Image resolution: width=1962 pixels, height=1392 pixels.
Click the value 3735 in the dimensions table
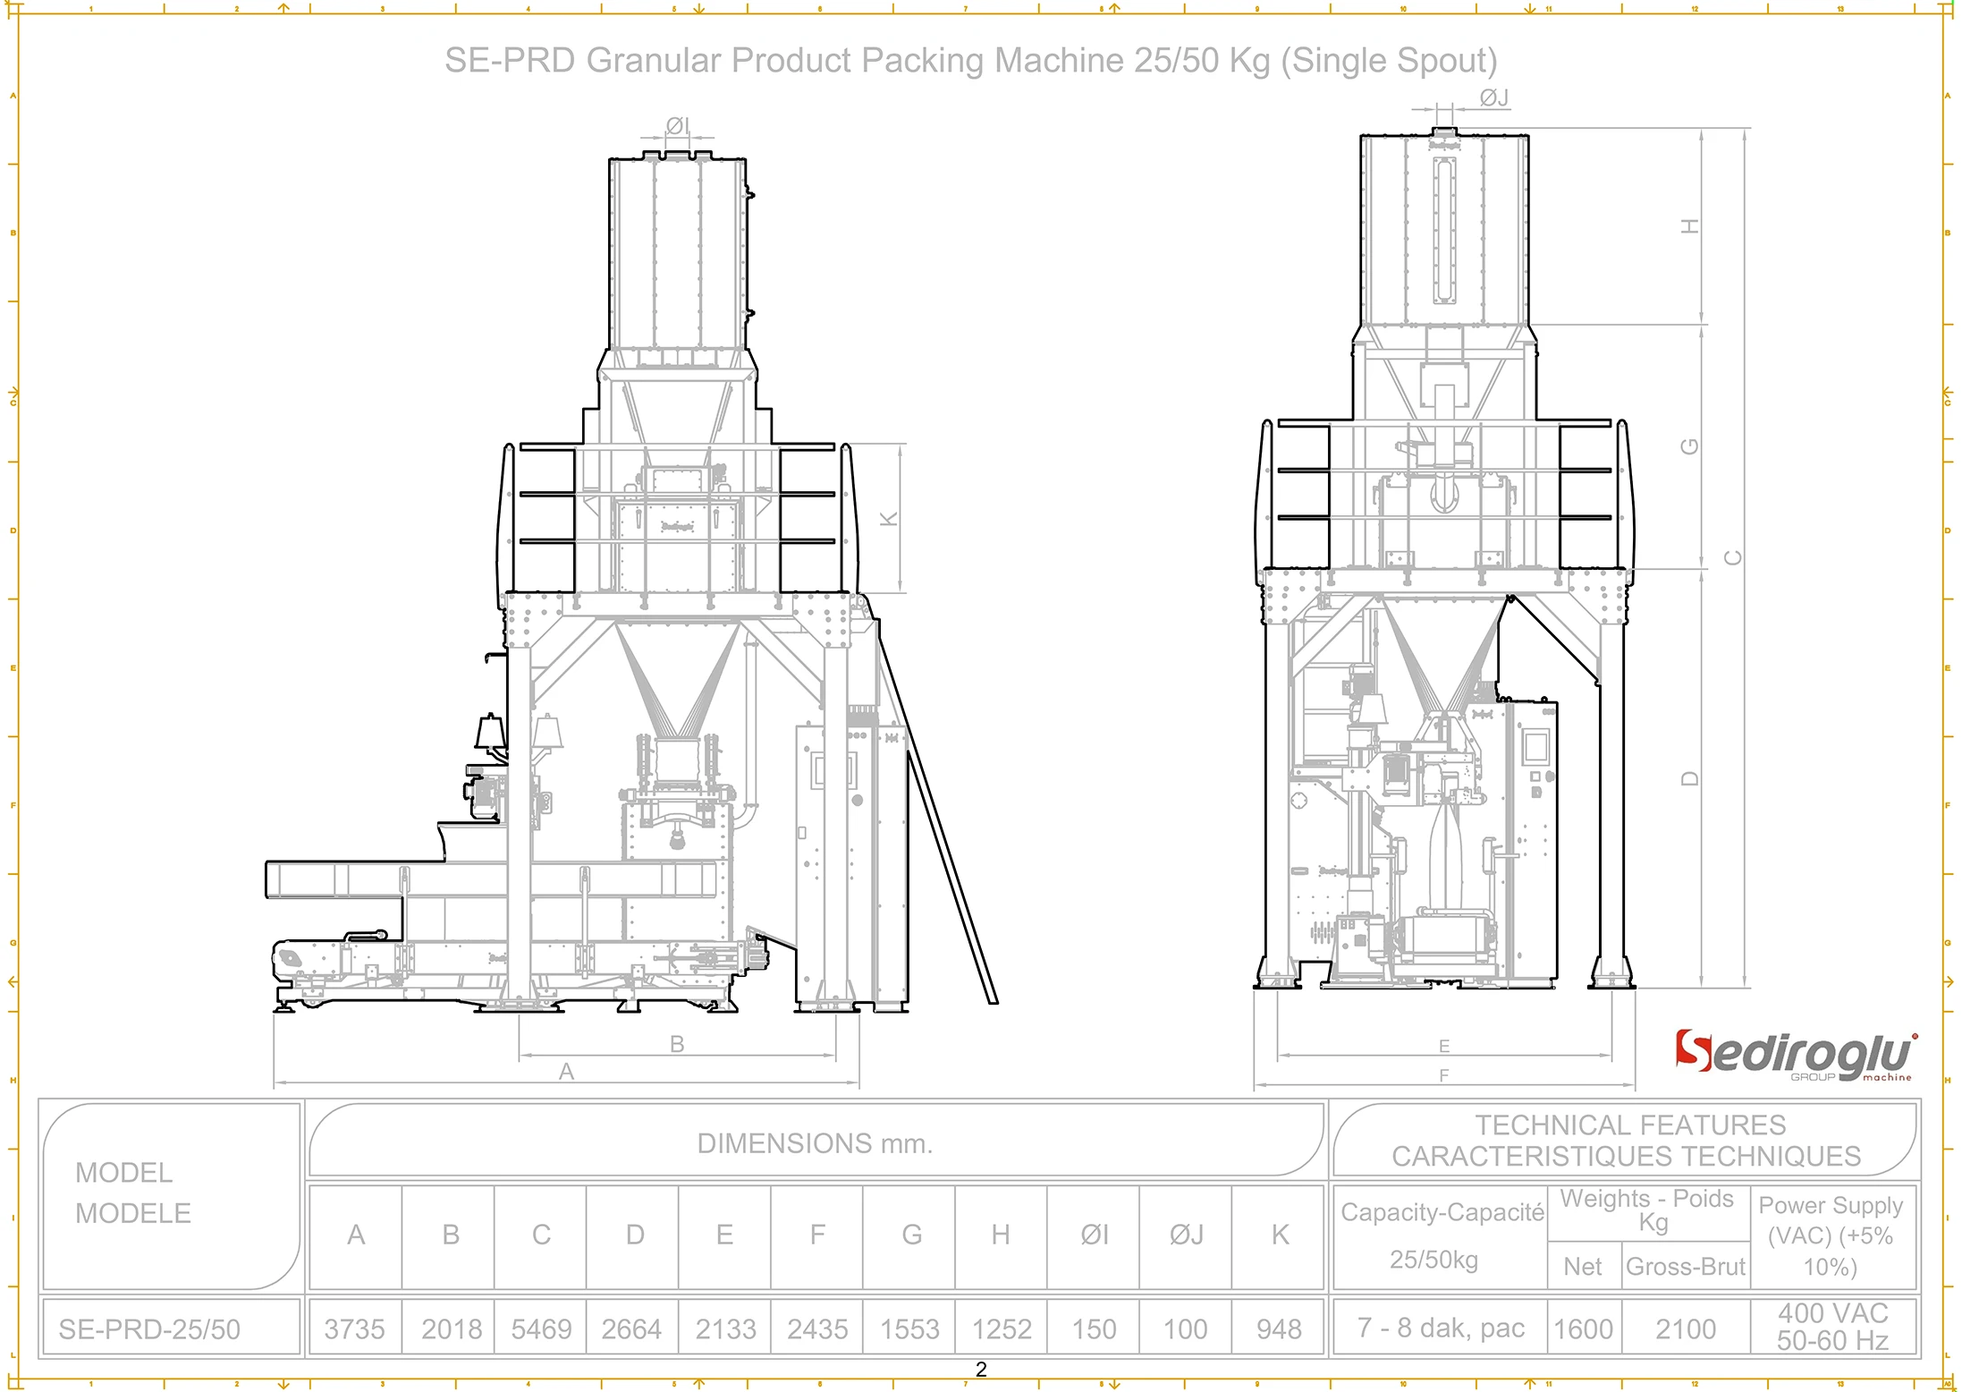(x=354, y=1328)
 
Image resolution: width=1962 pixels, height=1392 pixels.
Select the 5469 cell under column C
(x=541, y=1328)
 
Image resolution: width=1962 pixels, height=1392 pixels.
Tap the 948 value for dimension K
(x=1279, y=1328)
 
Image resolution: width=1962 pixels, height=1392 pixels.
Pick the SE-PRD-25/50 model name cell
(x=149, y=1329)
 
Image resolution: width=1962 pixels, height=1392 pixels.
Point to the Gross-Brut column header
(x=1685, y=1266)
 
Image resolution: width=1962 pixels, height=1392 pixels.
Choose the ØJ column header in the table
(x=1186, y=1235)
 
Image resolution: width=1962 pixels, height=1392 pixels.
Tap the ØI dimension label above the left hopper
(x=677, y=125)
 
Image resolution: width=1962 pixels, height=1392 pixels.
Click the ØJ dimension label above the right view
(x=1493, y=98)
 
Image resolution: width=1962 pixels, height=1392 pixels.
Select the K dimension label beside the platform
(x=889, y=519)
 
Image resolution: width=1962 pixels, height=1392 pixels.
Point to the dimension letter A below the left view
(x=566, y=1071)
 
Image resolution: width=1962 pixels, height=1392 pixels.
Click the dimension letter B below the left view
(x=677, y=1043)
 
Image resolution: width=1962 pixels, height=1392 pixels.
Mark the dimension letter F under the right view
(x=1443, y=1075)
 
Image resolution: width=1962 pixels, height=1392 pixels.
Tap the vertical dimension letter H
(x=1689, y=226)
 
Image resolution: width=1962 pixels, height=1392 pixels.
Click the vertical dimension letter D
(x=1689, y=778)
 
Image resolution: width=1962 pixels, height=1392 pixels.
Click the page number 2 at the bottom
(x=981, y=1369)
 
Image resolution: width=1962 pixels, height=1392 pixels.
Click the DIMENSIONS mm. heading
(x=815, y=1142)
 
